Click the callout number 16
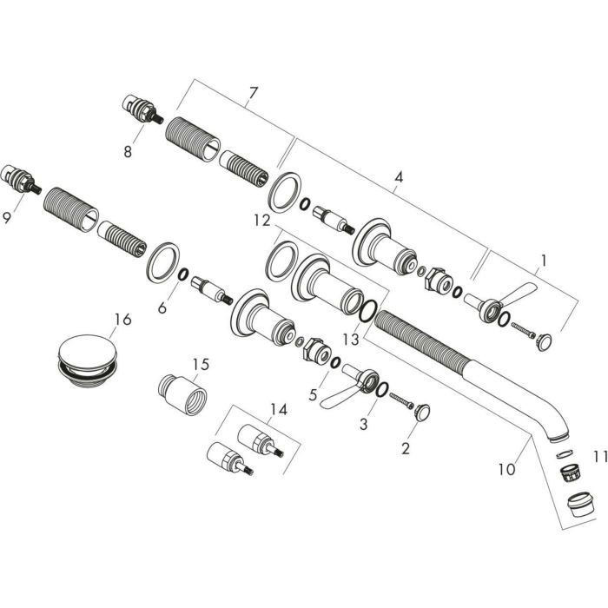point(123,320)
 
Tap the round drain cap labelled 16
point(87,359)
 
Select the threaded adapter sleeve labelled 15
point(182,394)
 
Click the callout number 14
point(279,409)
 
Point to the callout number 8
point(128,151)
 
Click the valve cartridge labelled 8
point(142,109)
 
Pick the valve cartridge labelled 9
point(21,181)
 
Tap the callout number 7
point(253,93)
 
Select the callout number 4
point(399,177)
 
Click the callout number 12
point(262,221)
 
